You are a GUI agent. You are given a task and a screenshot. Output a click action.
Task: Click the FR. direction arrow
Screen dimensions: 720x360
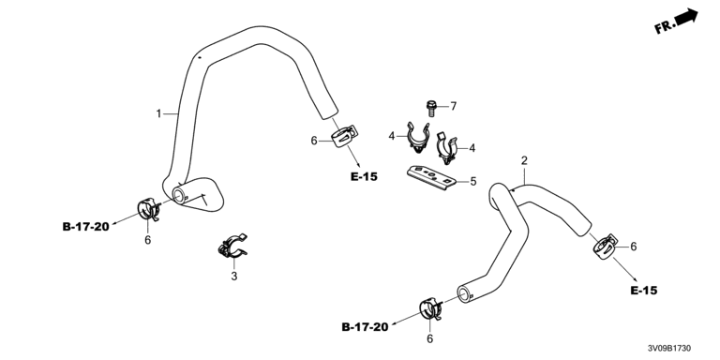coord(687,17)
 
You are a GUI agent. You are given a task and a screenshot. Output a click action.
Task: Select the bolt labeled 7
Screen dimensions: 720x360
coord(430,109)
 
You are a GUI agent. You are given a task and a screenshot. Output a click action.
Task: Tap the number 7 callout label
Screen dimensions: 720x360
coord(453,107)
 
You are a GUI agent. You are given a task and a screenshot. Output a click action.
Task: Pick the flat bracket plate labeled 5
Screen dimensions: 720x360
coord(431,178)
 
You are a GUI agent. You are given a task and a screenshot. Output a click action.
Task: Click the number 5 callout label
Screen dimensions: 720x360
coord(472,181)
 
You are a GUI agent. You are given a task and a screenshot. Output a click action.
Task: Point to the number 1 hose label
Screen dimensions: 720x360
coord(158,113)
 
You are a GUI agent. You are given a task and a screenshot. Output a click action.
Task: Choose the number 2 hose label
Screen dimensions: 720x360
coord(524,160)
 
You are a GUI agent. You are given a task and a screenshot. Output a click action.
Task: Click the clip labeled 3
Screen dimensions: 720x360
coord(232,247)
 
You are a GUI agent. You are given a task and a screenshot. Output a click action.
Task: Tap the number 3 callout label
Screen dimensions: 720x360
coord(234,277)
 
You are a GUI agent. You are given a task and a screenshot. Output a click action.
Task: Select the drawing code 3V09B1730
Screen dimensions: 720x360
coord(669,349)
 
